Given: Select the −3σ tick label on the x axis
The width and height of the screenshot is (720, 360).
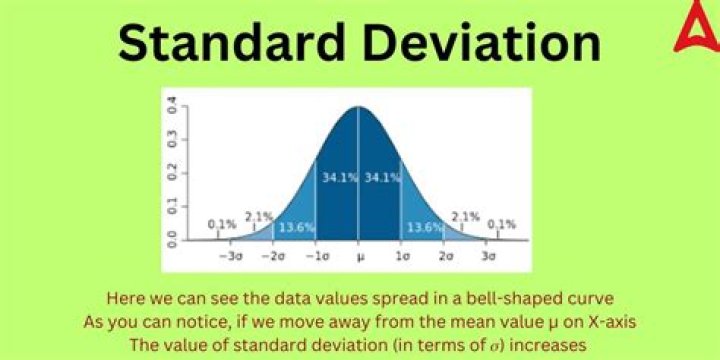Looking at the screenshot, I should pyautogui.click(x=231, y=257).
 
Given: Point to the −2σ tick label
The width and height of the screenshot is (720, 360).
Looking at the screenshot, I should pyautogui.click(x=273, y=257).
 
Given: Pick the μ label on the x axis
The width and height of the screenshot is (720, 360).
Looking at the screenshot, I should pyautogui.click(x=359, y=257).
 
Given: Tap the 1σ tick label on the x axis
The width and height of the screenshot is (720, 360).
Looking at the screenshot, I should pyautogui.click(x=401, y=257).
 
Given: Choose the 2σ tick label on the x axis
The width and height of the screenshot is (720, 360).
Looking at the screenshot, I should pyautogui.click(x=444, y=257).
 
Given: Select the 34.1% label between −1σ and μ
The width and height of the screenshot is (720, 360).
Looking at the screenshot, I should pyautogui.click(x=337, y=178).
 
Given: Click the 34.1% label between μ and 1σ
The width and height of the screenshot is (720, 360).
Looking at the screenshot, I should pyautogui.click(x=381, y=178).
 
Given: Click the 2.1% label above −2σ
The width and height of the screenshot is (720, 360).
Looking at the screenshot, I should pyautogui.click(x=259, y=216).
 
